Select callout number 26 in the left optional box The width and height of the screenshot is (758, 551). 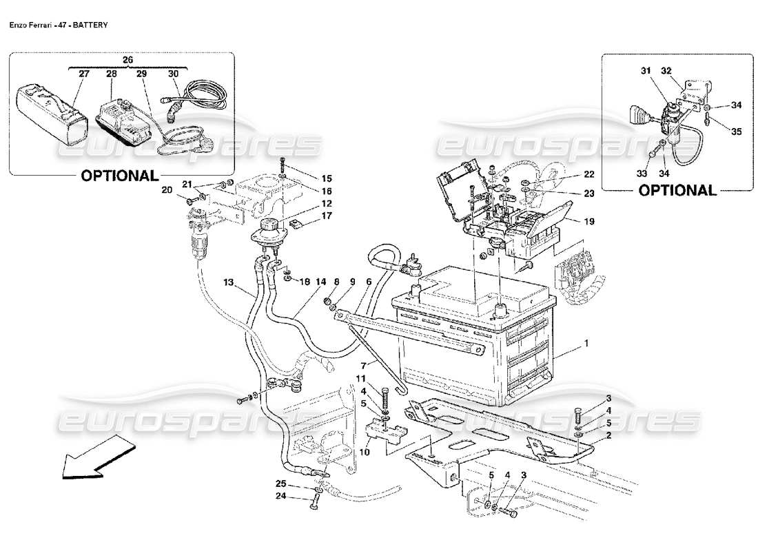[127, 60]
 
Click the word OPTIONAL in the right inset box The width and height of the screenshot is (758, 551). [677, 190]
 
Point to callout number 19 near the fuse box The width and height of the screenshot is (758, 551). [589, 222]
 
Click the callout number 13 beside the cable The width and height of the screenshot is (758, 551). [227, 282]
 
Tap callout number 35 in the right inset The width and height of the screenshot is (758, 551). [736, 132]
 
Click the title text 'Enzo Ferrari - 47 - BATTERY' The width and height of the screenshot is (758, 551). [58, 23]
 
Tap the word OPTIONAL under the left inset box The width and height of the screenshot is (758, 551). [120, 176]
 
